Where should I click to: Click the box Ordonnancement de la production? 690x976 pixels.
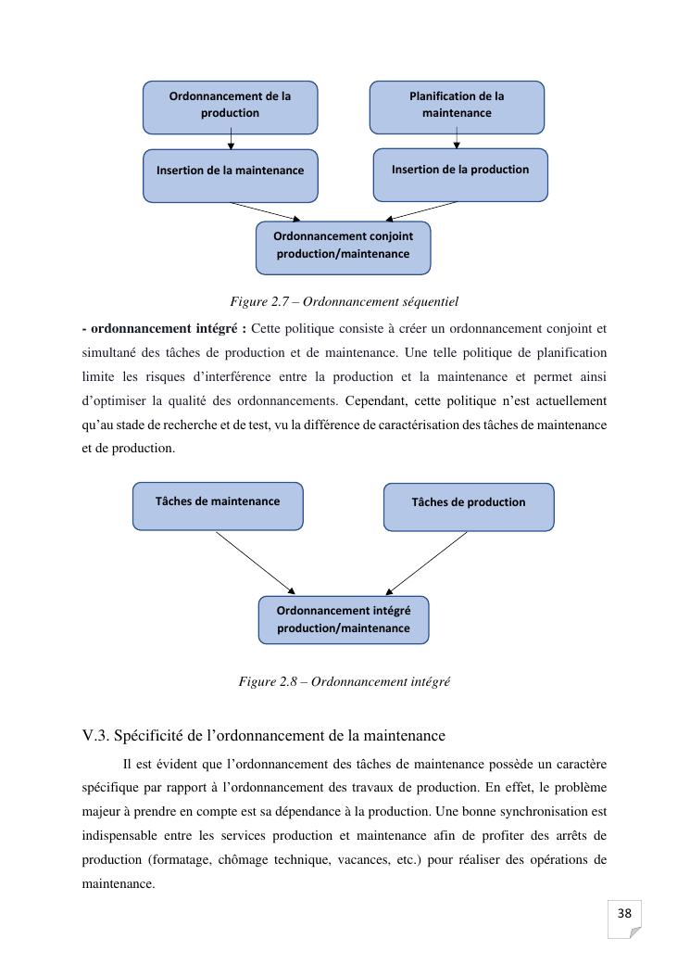pyautogui.click(x=230, y=107)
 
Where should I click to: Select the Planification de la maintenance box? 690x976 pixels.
pyautogui.click(x=457, y=107)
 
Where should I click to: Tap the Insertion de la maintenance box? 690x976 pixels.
pyautogui.click(x=230, y=174)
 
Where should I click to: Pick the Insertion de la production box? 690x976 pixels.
pyautogui.click(x=460, y=173)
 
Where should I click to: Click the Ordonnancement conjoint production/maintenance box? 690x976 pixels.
pyautogui.click(x=343, y=247)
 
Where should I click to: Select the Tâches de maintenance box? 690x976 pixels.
pyautogui.click(x=218, y=505)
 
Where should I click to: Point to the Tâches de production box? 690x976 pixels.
pyautogui.click(x=469, y=506)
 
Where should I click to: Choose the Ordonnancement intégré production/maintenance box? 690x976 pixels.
pyautogui.click(x=344, y=619)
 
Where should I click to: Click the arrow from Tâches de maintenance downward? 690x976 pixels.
pyautogui.click(x=256, y=563)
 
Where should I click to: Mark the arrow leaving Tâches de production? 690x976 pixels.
pyautogui.click(x=427, y=563)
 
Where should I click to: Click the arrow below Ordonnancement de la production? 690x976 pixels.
pyautogui.click(x=231, y=141)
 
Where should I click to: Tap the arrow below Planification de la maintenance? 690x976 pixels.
pyautogui.click(x=457, y=140)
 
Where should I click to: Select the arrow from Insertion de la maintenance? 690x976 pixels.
pyautogui.click(x=266, y=211)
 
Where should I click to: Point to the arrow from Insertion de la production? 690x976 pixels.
pyautogui.click(x=420, y=211)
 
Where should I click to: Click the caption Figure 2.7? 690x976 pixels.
pyautogui.click(x=344, y=301)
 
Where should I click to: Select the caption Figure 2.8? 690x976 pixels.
pyautogui.click(x=344, y=681)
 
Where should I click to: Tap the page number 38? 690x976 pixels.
pyautogui.click(x=624, y=914)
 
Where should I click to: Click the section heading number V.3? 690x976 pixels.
pyautogui.click(x=96, y=736)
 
